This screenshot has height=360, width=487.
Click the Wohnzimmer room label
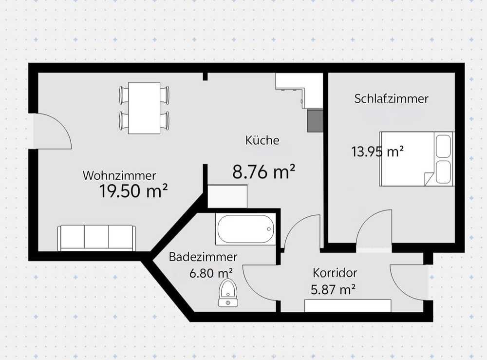click(x=119, y=175)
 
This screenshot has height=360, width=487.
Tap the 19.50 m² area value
click(x=133, y=190)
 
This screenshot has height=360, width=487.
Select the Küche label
click(x=262, y=140)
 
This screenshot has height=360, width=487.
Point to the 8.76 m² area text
click(x=263, y=171)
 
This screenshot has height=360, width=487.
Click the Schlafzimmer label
click(x=392, y=99)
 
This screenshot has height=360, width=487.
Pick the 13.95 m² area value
click(x=377, y=152)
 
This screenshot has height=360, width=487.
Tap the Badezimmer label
click(x=203, y=257)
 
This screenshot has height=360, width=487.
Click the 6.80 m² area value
click(x=211, y=273)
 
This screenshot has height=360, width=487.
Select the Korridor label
click(x=335, y=273)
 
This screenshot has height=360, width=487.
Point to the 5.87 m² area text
click(x=333, y=289)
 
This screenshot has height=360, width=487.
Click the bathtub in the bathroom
click(x=245, y=229)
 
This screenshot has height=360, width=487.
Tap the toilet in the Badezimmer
click(x=228, y=292)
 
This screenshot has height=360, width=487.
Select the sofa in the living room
click(x=96, y=238)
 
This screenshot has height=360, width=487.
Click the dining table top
click(x=144, y=108)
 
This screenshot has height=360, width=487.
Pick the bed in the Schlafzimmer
click(x=416, y=159)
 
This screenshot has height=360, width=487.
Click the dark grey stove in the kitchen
click(x=315, y=120)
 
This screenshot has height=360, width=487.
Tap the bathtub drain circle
click(x=269, y=229)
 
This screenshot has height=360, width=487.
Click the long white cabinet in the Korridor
click(x=348, y=305)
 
